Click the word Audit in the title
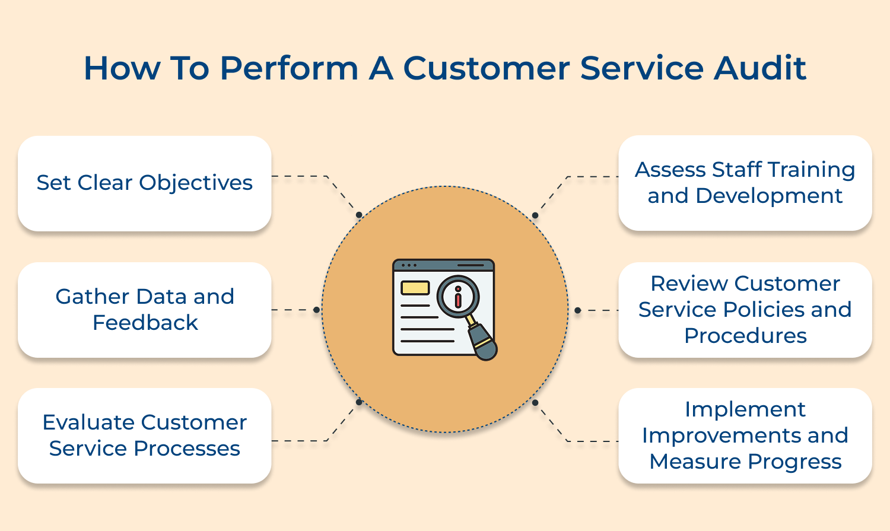point(760,68)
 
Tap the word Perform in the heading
point(289,68)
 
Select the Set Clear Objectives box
point(145,183)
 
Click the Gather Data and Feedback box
point(145,310)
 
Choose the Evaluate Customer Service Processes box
point(145,435)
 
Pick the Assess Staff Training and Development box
point(745,183)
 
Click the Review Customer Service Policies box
point(745,310)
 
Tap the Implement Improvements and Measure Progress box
point(745,435)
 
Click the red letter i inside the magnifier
point(457,297)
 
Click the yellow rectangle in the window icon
point(415,288)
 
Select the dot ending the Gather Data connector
point(316,310)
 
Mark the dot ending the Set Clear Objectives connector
point(358,215)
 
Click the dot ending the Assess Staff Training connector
point(535,215)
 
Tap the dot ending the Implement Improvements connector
point(535,403)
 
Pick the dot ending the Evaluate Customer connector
point(358,402)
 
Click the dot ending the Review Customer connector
point(577,310)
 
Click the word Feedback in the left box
point(145,323)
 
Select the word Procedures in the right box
point(745,336)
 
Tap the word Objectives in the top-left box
point(196,183)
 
